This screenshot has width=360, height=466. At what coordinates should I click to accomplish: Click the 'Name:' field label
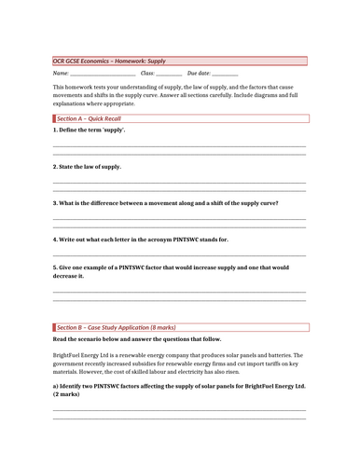click(61, 73)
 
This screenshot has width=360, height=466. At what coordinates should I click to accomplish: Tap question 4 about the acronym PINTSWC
click(140, 239)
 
